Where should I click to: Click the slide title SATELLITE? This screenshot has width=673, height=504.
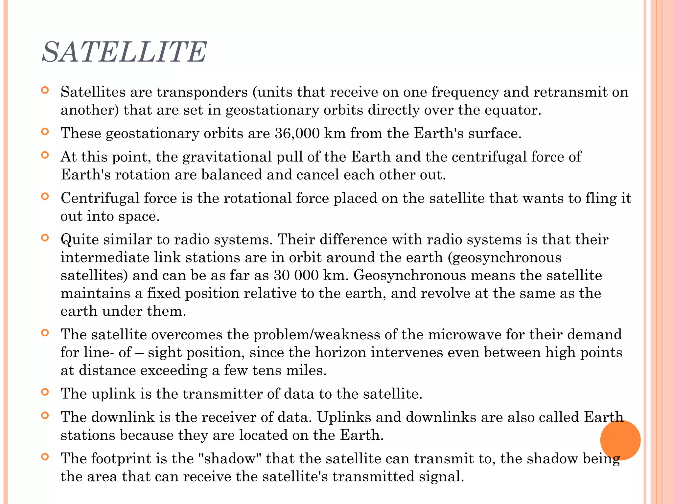124,52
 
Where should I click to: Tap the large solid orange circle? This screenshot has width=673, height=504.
620,440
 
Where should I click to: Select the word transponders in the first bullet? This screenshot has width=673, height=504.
202,92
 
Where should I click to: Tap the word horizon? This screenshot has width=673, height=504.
341,353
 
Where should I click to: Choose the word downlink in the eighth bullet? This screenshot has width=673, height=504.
123,417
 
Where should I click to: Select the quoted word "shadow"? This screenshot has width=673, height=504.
230,459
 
